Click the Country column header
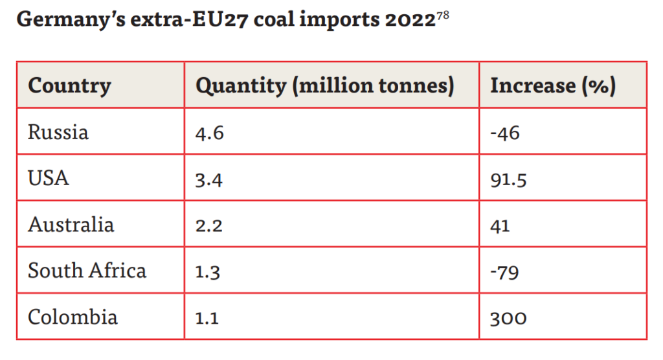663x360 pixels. coord(69,85)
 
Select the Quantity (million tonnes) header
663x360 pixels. coord(325,85)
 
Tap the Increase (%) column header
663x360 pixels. coord(553,85)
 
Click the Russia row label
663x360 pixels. coord(58,132)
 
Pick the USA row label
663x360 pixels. coord(49,178)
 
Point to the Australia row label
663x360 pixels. coord(71,225)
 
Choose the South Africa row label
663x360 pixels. coord(87,271)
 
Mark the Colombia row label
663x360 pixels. coord(73,317)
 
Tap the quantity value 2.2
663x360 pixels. coord(209,225)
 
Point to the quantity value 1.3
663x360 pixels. coord(208,271)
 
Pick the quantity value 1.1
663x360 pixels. coord(207,318)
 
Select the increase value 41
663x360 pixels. coord(500,225)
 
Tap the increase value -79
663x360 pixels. coord(505,271)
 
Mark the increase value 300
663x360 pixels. coord(509,318)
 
